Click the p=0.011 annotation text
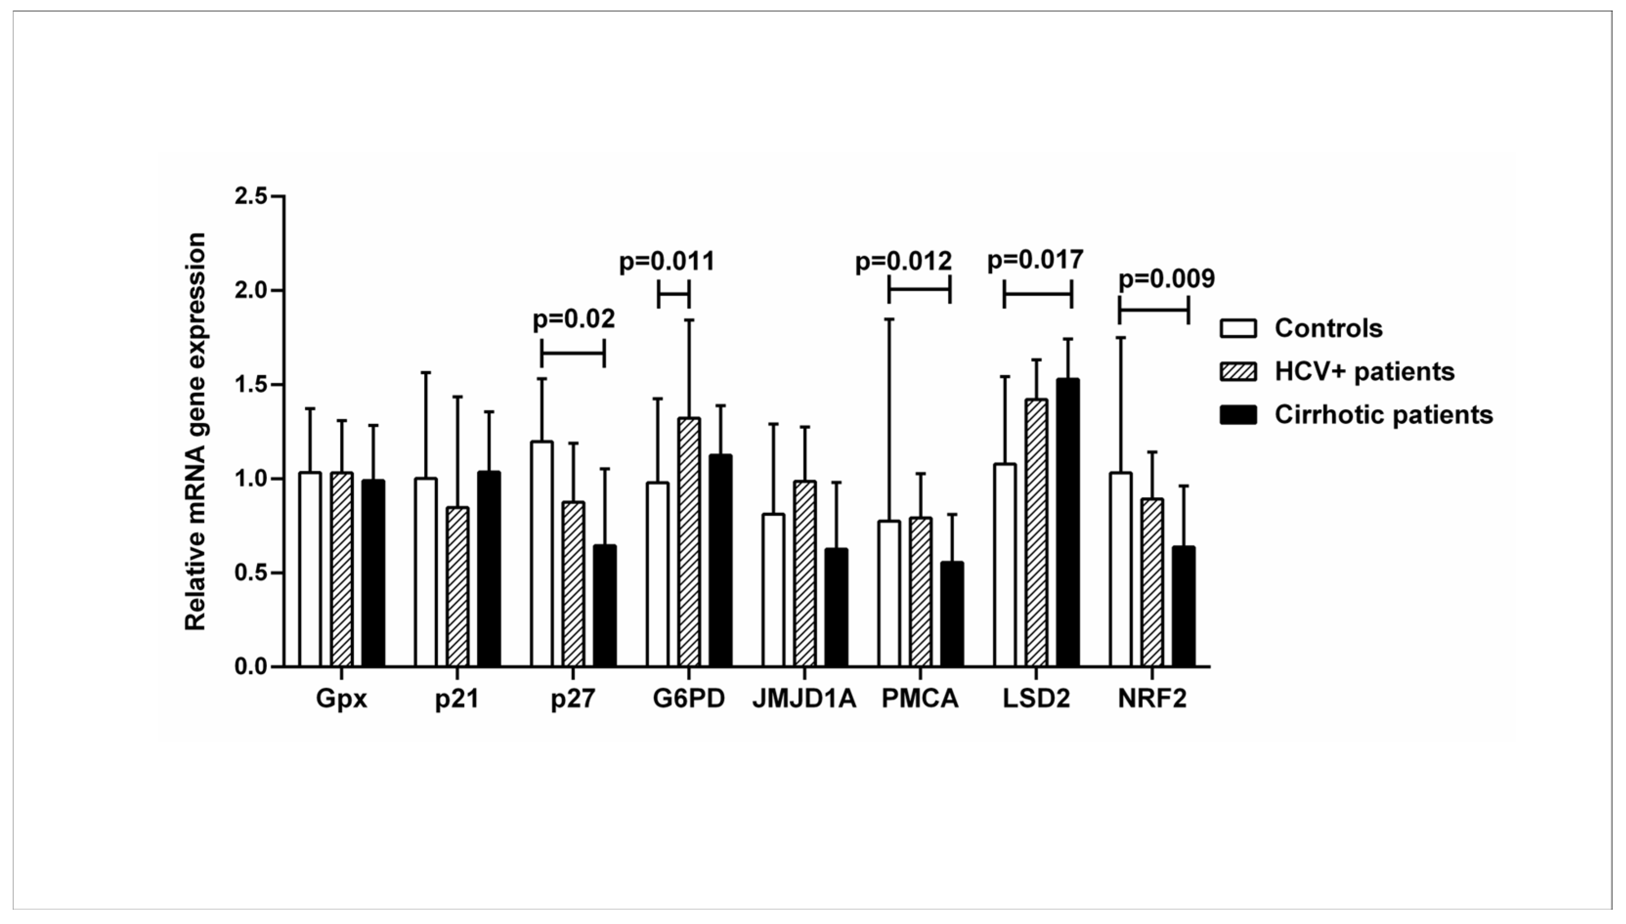(667, 261)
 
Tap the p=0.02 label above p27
(574, 319)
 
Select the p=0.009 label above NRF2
(1166, 279)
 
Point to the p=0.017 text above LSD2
(1035, 260)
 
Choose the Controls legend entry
(1328, 328)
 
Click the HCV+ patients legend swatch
(1238, 371)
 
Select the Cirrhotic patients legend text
(1384, 414)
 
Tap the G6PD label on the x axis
(689, 699)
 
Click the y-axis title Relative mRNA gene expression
(195, 431)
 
